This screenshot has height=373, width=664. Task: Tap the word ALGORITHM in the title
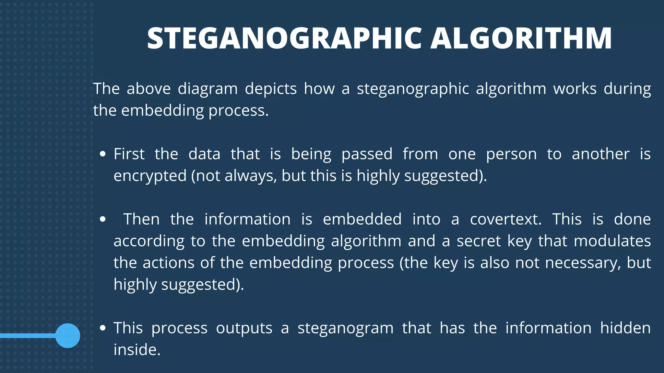click(x=521, y=39)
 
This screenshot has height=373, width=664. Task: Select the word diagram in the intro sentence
click(x=208, y=89)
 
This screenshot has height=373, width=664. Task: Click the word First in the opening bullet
click(x=129, y=154)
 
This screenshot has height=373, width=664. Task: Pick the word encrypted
click(x=150, y=176)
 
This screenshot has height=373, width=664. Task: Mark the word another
click(x=601, y=154)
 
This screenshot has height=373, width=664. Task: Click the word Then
click(x=142, y=219)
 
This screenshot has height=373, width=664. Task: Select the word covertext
click(x=506, y=219)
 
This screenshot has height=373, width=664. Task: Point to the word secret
click(x=479, y=241)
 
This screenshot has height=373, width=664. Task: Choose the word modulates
click(x=612, y=241)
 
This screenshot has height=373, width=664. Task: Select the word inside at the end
click(x=137, y=350)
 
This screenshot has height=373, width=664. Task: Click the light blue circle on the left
click(x=68, y=336)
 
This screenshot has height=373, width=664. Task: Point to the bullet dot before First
click(x=103, y=154)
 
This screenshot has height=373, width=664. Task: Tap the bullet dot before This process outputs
click(x=103, y=328)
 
